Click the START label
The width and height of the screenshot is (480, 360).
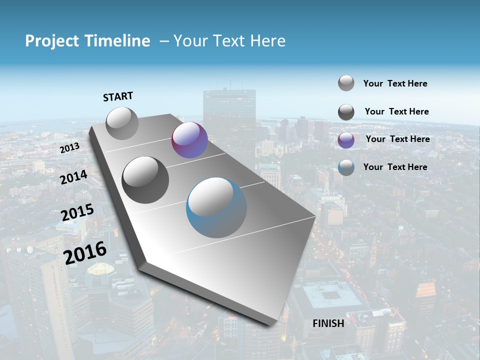pyautogui.click(x=118, y=96)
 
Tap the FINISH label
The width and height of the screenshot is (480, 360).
pyautogui.click(x=328, y=323)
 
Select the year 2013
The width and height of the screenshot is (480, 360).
pyautogui.click(x=69, y=148)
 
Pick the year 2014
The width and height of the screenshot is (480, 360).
pyautogui.click(x=73, y=177)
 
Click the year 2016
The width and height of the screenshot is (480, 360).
pyautogui.click(x=85, y=252)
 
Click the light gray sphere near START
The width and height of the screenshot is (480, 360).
pyautogui.click(x=122, y=123)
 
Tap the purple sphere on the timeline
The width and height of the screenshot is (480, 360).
pyautogui.click(x=189, y=140)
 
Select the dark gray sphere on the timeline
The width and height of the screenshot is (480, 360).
pyautogui.click(x=145, y=179)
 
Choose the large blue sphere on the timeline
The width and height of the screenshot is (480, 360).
pyautogui.click(x=216, y=207)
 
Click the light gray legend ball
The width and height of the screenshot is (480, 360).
pyautogui.click(x=346, y=83)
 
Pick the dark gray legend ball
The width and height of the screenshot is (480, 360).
pyautogui.click(x=346, y=112)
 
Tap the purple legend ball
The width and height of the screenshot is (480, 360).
pyautogui.click(x=346, y=140)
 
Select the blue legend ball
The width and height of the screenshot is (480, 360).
pyautogui.click(x=346, y=167)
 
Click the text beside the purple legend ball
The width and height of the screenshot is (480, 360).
pyautogui.click(x=397, y=139)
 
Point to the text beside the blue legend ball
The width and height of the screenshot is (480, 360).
pyautogui.click(x=395, y=167)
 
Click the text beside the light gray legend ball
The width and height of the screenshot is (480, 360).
pyautogui.click(x=395, y=83)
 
